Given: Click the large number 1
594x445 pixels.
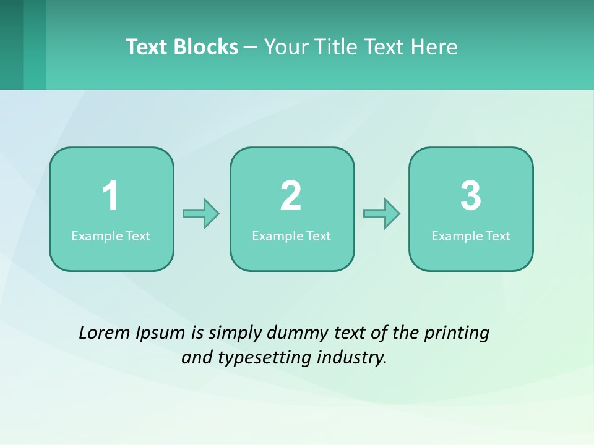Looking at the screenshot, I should tap(111, 197).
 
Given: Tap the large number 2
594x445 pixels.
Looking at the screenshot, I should tap(291, 197).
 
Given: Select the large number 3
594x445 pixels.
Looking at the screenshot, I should tap(471, 197).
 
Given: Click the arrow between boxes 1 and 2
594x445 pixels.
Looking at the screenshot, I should tap(201, 214).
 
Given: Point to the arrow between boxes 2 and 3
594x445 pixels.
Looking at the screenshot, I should tap(381, 214).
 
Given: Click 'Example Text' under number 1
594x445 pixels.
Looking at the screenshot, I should tap(111, 236).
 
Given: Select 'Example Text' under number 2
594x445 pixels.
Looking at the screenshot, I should tap(291, 236).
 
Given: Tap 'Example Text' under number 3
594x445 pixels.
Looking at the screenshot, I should tap(471, 236).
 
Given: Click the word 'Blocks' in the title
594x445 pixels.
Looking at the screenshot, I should tap(206, 47).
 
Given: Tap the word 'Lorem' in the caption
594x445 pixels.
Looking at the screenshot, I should tap(104, 333).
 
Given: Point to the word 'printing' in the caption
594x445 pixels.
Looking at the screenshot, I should tap(457, 333).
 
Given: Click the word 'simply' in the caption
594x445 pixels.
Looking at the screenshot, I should tap(235, 333).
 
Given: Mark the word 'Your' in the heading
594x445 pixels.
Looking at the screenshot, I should tap(285, 47).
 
